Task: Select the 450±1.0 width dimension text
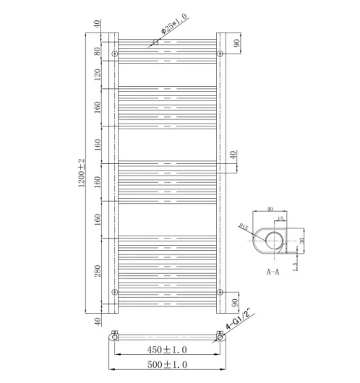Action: tap(168, 352)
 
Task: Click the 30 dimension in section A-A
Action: tap(302, 241)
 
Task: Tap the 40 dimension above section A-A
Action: tap(270, 210)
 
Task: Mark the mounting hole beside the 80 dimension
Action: tap(115, 54)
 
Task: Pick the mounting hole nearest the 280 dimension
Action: tap(115, 292)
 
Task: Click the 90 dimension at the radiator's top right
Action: tap(236, 43)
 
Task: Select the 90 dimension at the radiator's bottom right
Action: tap(236, 303)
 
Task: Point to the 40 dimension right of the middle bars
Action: tap(233, 155)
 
